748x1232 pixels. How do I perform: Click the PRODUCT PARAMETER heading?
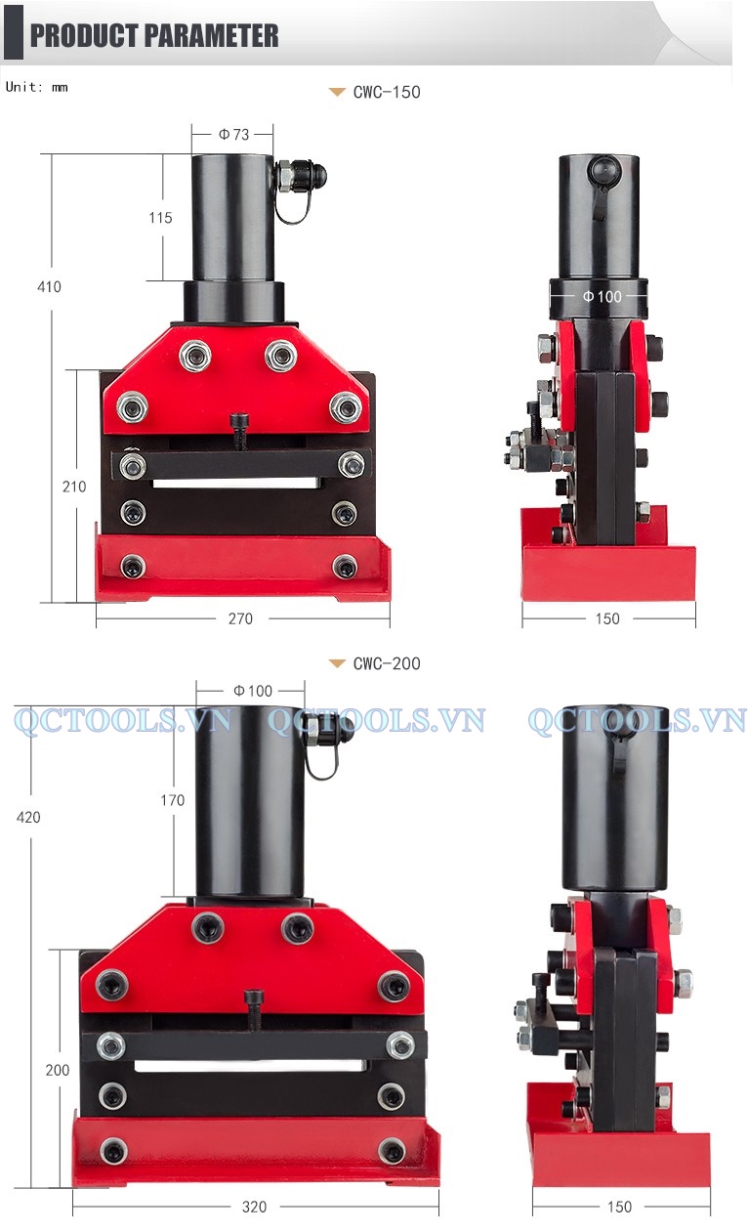pos(154,36)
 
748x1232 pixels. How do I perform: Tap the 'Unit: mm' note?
pos(37,87)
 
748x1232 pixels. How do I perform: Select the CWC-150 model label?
pos(387,92)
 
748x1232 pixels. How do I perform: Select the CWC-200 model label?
pos(387,663)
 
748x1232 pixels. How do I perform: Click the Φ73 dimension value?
pos(234,134)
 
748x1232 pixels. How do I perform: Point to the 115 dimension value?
pos(160,218)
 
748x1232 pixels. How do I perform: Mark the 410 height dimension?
pos(49,286)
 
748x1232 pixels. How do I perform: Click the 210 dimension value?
pos(74,487)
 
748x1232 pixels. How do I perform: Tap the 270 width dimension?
pos(241,618)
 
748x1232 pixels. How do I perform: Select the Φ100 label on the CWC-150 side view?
pos(603,296)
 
